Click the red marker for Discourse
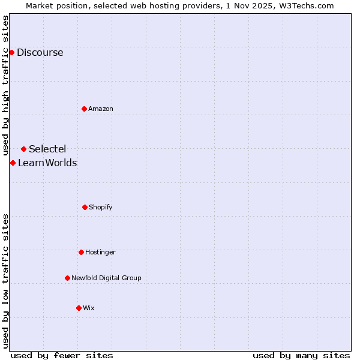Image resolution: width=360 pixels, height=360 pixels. (x=11, y=52)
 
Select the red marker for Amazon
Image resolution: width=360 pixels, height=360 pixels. (x=84, y=109)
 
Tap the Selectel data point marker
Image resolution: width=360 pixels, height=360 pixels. (x=23, y=149)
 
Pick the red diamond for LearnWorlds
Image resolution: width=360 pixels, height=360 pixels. (x=13, y=163)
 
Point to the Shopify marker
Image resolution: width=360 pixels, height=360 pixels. (x=85, y=207)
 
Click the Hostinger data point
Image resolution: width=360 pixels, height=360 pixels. (x=81, y=252)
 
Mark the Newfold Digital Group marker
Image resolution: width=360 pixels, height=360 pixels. (x=67, y=278)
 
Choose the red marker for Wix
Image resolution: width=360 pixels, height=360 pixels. (x=79, y=308)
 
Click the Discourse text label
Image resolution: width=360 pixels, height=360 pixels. (x=40, y=52)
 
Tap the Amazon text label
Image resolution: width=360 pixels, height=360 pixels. (x=101, y=109)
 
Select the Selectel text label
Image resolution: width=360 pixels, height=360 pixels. (x=47, y=149)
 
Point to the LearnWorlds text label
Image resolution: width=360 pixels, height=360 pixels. (x=47, y=163)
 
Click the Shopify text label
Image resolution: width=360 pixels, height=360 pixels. (x=101, y=207)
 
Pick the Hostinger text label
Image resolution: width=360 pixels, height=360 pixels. (x=100, y=252)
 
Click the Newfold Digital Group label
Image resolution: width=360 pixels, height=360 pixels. (x=106, y=278)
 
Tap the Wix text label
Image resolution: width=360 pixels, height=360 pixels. (x=89, y=308)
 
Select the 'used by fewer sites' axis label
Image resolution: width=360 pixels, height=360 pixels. (x=62, y=355)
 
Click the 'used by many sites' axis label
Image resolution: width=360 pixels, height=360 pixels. (x=301, y=355)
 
